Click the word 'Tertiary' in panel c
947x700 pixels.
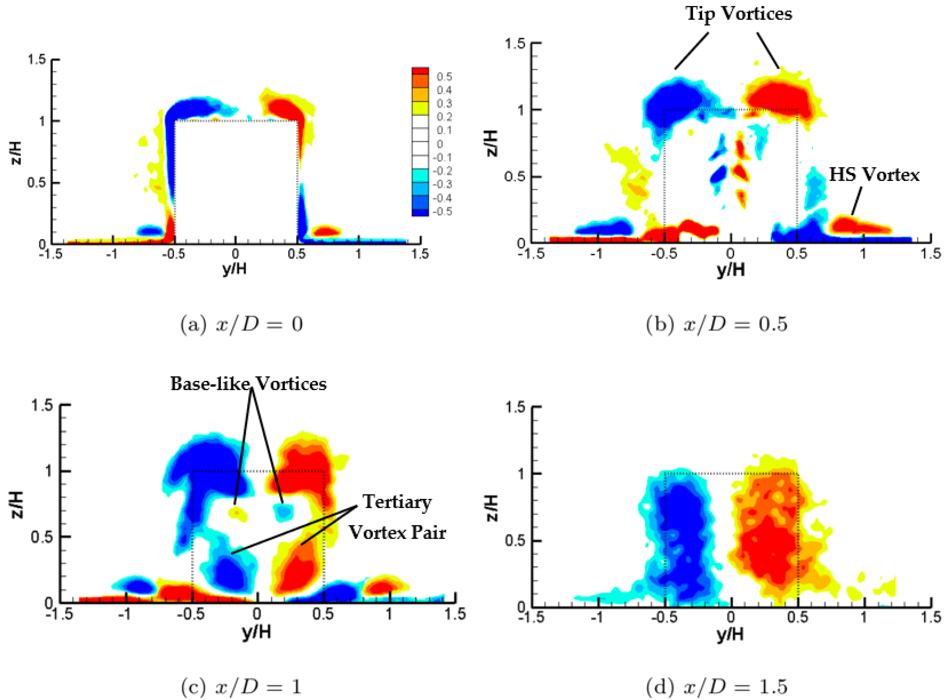(397, 502)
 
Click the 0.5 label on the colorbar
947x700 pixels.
(444, 77)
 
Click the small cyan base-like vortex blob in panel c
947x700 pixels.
(283, 512)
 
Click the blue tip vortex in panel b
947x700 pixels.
(674, 104)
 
